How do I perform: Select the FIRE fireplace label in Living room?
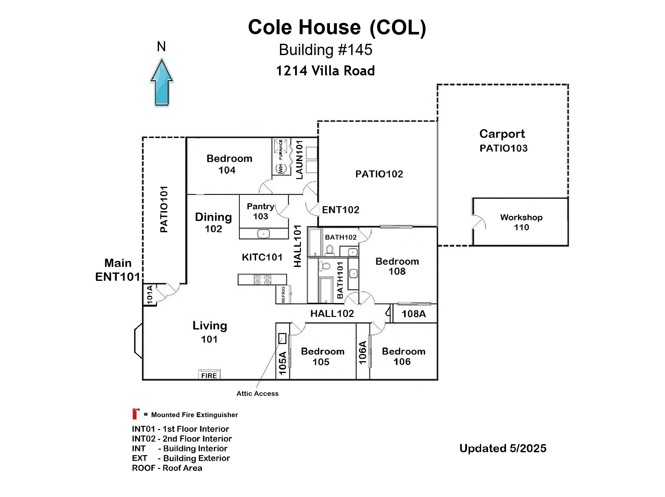(209, 376)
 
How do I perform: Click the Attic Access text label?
(257, 393)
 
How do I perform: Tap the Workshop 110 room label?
(521, 222)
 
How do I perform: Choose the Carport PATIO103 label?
(503, 141)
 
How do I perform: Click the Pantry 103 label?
(261, 211)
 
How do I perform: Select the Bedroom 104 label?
(229, 164)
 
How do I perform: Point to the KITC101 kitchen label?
(262, 257)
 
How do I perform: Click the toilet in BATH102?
(330, 250)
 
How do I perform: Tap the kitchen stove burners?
(262, 279)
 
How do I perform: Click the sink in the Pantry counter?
(263, 234)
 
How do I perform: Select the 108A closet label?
(413, 314)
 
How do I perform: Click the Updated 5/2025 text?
(503, 448)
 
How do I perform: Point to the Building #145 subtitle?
(325, 50)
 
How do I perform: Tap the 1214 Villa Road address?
(325, 71)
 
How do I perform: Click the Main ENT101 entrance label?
(118, 270)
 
